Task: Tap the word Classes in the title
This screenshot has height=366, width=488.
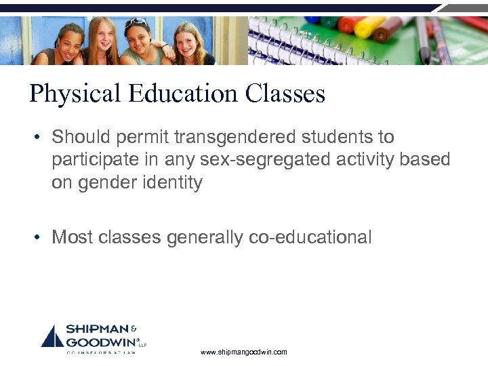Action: (x=285, y=94)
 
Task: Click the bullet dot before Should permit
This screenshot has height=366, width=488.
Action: (x=39, y=138)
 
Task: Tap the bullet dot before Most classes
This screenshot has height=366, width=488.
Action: (x=39, y=237)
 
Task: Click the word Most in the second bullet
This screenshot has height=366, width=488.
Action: (x=70, y=237)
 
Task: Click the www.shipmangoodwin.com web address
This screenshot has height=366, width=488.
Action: (x=245, y=352)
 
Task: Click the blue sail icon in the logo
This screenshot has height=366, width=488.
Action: (x=53, y=336)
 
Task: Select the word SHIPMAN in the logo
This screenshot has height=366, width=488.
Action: (x=95, y=330)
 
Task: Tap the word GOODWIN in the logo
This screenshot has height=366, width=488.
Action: (x=99, y=342)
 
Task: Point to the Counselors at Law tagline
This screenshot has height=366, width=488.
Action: (x=102, y=352)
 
